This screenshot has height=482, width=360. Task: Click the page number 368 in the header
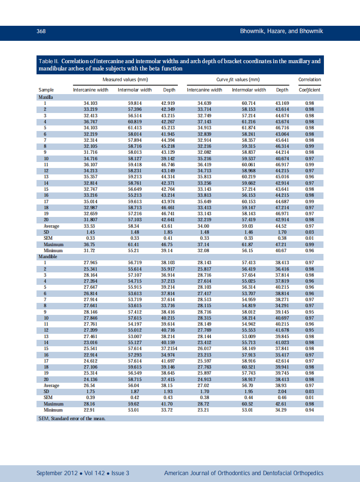click(x=41, y=31)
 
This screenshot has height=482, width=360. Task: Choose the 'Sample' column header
click(x=46, y=90)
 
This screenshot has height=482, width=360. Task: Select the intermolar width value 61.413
click(x=134, y=128)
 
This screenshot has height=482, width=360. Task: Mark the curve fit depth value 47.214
click(x=282, y=207)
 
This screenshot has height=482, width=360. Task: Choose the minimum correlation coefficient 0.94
click(x=309, y=410)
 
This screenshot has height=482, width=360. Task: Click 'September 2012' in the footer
click(x=57, y=473)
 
